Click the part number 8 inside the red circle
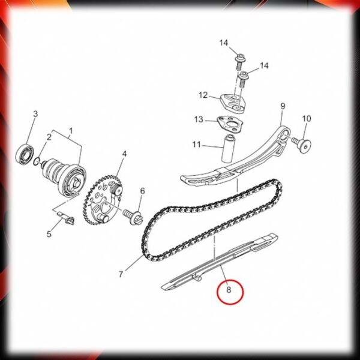click(229, 290)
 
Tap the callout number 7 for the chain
click(121, 274)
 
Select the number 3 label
click(35, 114)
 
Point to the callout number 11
click(197, 145)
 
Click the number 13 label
click(199, 119)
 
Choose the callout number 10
click(307, 119)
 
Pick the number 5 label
click(49, 234)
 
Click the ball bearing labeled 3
click(25, 155)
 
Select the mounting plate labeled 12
click(233, 103)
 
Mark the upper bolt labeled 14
click(239, 61)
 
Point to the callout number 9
click(283, 106)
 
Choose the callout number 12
click(203, 95)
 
